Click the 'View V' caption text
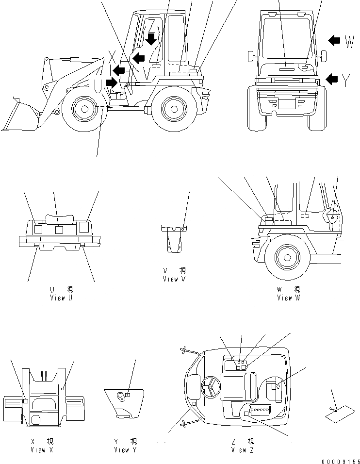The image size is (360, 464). pos(174,279)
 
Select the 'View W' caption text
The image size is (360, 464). pos(288,298)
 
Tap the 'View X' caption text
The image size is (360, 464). pos(41,450)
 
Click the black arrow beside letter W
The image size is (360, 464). pos(334,41)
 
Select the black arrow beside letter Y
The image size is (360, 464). pos(332,78)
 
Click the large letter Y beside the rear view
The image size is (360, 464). pos(345,80)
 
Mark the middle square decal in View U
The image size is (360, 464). pos(59,229)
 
